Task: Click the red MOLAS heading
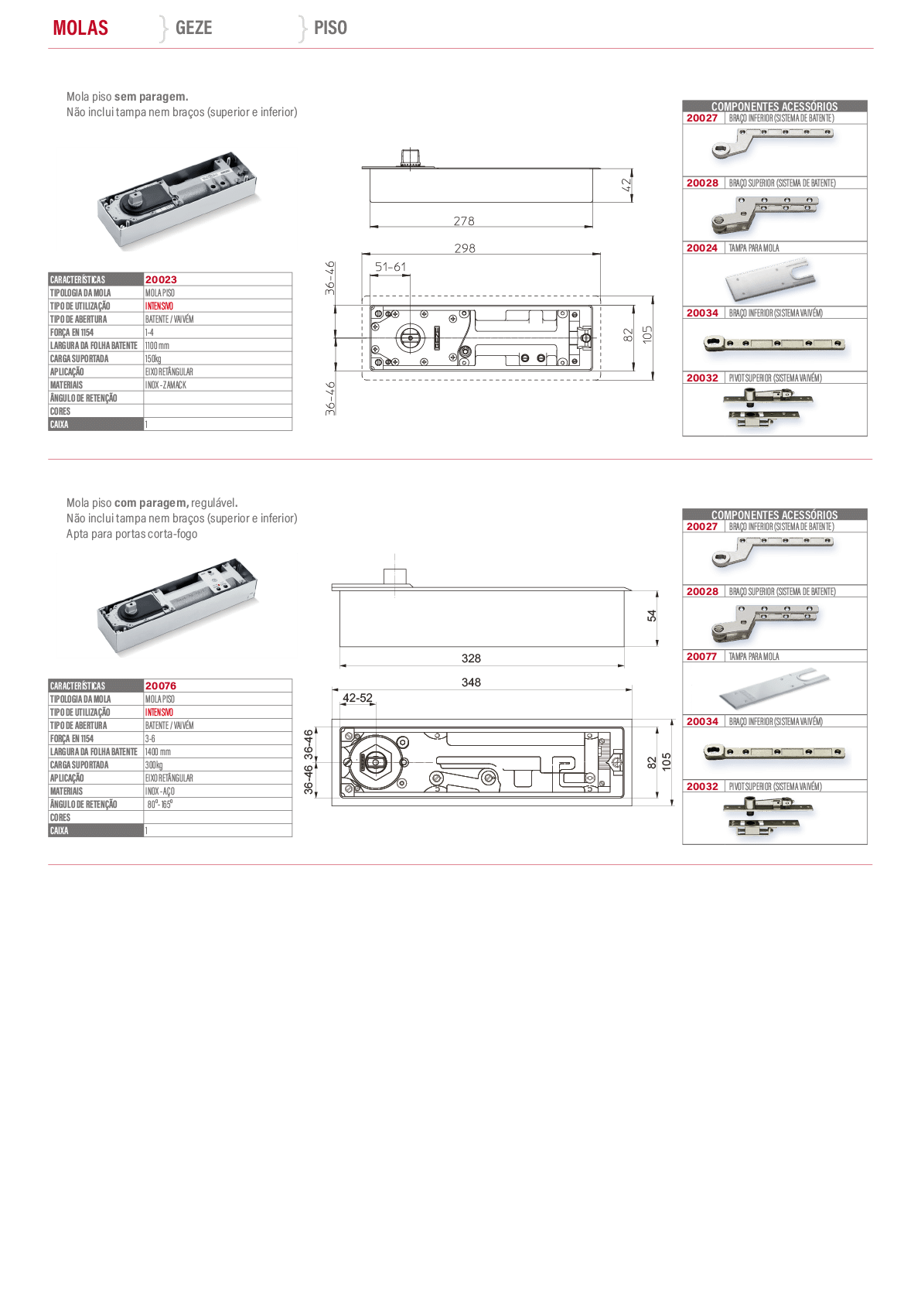point(80,28)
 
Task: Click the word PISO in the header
point(330,28)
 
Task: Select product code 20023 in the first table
point(161,280)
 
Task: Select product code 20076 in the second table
point(161,686)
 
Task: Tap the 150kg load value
point(153,359)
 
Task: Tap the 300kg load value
point(153,765)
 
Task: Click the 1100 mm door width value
point(157,346)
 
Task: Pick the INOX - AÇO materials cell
point(160,792)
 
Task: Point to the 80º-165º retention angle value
point(160,805)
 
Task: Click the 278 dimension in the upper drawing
point(464,221)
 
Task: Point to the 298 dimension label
point(466,248)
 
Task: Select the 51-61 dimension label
point(391,267)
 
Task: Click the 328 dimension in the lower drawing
point(471,658)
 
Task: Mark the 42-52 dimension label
point(357,698)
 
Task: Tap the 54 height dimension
point(652,615)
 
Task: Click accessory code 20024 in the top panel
point(702,248)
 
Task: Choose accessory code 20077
point(702,656)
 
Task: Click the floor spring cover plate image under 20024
point(770,280)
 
